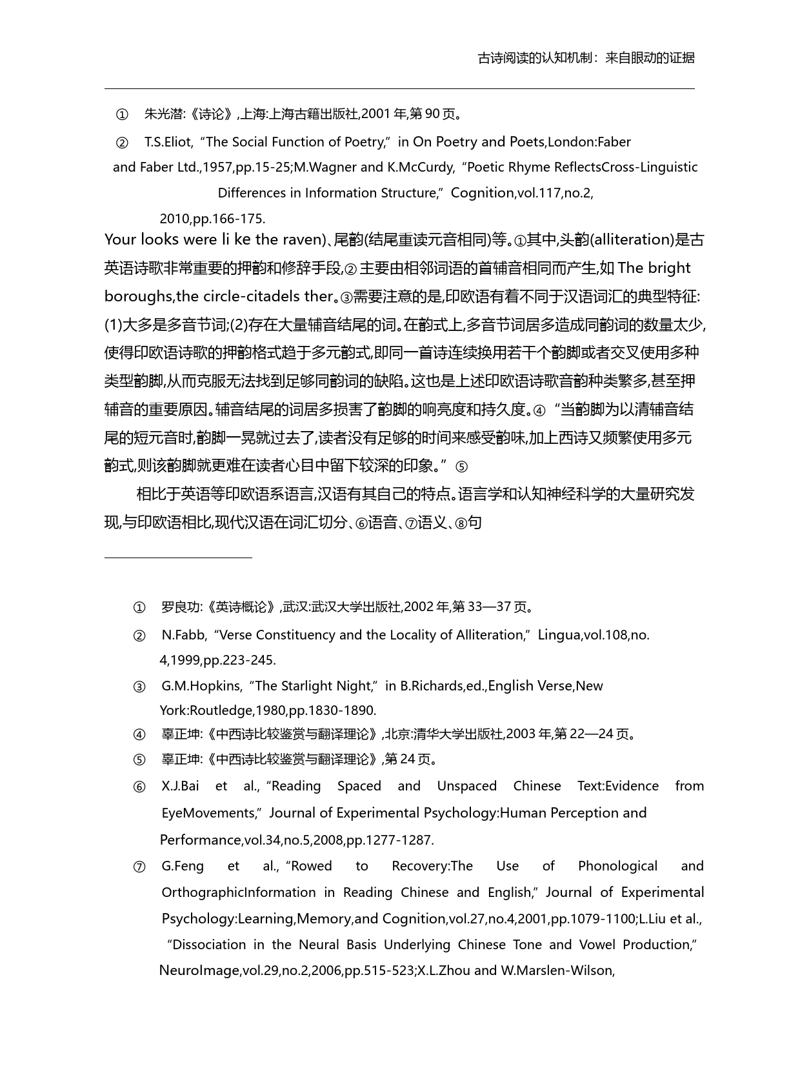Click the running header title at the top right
[x=586, y=58]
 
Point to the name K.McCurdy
[x=421, y=167]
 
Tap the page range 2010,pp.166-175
[x=212, y=218]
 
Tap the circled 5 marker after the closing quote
[x=461, y=467]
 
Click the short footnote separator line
[x=178, y=557]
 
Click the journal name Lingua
[x=559, y=635]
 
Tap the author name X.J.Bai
[x=180, y=786]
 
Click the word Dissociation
[x=209, y=945]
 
